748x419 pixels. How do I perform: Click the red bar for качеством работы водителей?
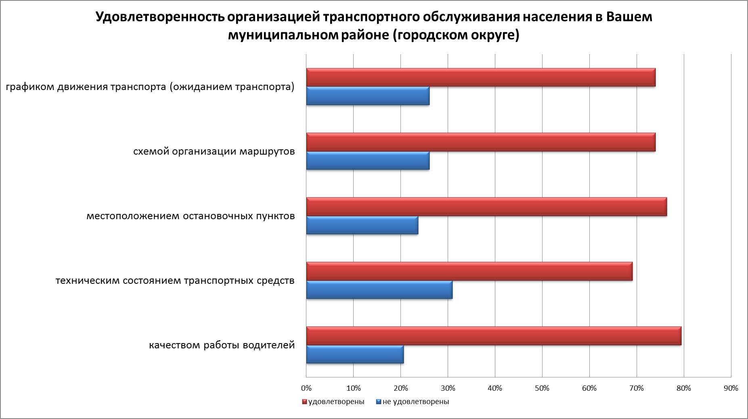click(494, 336)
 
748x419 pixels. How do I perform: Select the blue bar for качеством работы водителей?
click(355, 354)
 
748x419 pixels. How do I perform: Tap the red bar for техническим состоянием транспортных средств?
click(469, 271)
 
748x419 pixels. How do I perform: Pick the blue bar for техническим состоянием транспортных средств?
click(379, 290)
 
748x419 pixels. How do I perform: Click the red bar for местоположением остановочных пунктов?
click(486, 207)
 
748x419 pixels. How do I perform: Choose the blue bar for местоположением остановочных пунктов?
click(362, 225)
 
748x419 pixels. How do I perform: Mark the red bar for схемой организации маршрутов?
click(481, 142)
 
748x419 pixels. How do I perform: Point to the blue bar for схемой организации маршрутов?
click(368, 161)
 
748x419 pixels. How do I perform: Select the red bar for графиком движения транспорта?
click(481, 78)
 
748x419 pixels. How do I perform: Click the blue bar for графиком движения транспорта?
click(368, 96)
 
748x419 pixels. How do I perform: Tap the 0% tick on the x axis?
click(306, 388)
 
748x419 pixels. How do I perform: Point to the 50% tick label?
click(542, 388)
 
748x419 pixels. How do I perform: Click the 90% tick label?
click(731, 388)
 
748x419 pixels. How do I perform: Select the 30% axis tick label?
click(448, 388)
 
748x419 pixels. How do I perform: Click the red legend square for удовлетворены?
click(305, 402)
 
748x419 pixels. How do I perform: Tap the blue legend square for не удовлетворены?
click(378, 402)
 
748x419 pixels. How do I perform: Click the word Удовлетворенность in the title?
click(159, 17)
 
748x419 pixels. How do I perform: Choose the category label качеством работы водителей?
click(222, 346)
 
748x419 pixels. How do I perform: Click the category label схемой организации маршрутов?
click(214, 152)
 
